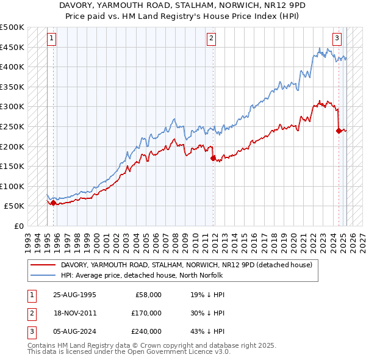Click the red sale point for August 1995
(x=53, y=203)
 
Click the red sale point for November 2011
(x=213, y=158)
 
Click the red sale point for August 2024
(x=339, y=130)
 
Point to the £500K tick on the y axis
(x=12, y=27)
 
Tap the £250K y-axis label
(x=12, y=126)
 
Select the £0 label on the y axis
(x=19, y=226)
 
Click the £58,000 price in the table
(x=147, y=295)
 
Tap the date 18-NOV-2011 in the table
(x=75, y=313)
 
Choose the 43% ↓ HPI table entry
(x=207, y=331)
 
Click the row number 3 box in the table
(x=31, y=331)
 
